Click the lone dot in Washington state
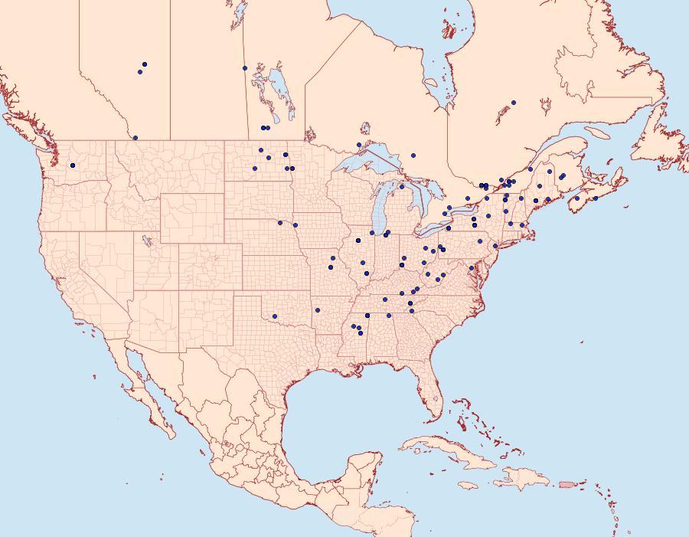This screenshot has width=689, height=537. (73, 165)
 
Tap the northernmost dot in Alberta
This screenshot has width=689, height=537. (145, 64)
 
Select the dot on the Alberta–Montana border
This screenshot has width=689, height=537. (136, 138)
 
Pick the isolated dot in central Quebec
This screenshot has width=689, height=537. (514, 102)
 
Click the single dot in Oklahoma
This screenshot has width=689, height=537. (274, 316)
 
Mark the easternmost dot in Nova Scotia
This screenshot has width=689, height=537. (595, 198)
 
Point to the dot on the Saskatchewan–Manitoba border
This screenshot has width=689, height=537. (245, 68)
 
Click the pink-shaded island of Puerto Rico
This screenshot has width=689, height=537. (567, 483)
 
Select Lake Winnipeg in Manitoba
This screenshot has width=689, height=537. (280, 88)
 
